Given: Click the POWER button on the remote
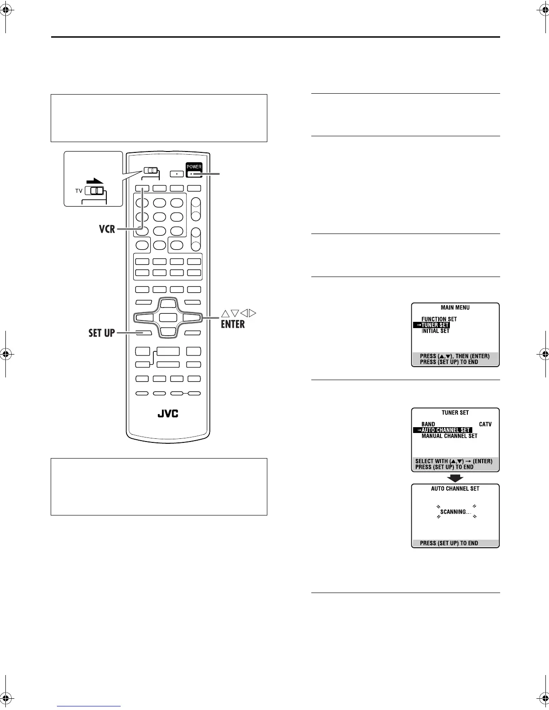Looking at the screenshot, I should pos(194,170).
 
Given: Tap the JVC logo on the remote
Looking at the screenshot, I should pos(168,413).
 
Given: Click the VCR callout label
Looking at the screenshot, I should pos(107,229).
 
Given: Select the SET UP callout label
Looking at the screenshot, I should pos(101,333).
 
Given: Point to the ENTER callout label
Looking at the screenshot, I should pos(233,324).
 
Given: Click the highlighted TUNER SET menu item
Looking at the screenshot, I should pos(431,325).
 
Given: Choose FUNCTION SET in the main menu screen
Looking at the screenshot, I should pos(439,319).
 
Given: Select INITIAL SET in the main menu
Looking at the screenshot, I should pos(435,331).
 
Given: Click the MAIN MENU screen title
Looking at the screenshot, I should pos(455,307).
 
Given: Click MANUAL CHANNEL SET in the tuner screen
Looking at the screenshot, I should pos(449,436).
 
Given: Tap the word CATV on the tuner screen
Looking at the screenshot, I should pos(485,424).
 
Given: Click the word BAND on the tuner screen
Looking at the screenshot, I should pos(428,424).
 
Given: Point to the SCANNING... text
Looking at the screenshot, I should pos(456,512).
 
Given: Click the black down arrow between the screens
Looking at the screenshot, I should pos(455,478).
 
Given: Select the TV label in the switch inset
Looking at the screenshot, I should pos(79,191).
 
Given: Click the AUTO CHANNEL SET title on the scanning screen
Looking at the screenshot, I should pos(455,489).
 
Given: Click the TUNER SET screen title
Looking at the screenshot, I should pos(455,412).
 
